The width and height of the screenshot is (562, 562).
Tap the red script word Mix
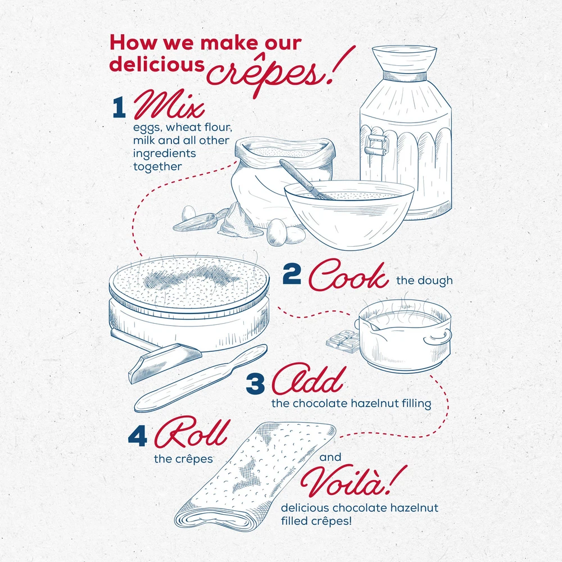169,105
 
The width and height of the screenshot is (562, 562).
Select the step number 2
292,274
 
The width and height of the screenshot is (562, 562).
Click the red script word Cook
348,275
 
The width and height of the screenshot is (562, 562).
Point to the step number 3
255,383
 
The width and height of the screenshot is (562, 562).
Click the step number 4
138,437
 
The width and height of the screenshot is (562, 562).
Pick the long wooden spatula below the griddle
201,378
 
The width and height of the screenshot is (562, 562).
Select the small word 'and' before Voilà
330,457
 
